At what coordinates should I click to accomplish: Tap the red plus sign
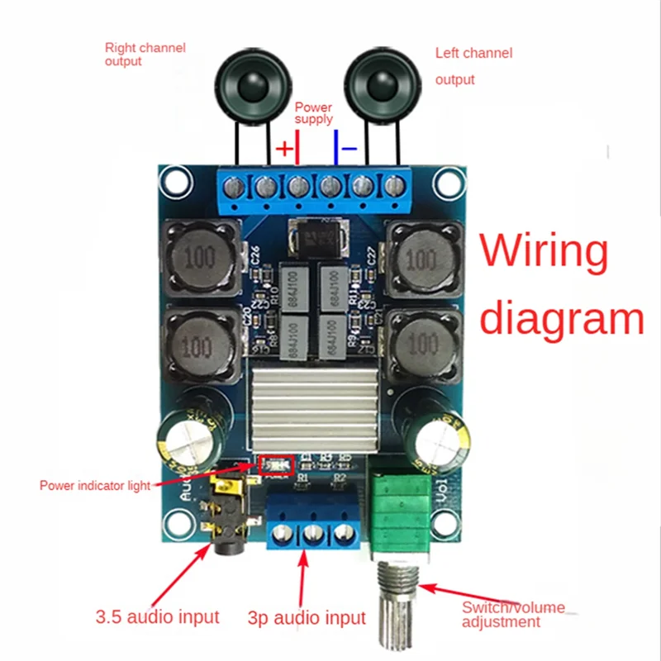283,149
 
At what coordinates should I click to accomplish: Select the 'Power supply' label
314,113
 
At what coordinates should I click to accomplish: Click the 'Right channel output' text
145,55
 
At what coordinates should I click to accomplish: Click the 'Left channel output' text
473,66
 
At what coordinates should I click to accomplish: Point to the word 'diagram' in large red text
562,319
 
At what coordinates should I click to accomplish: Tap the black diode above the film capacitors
318,240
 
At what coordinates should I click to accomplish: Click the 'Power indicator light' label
95,485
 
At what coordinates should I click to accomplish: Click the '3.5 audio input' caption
157,616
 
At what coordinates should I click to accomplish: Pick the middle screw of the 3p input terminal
312,535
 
